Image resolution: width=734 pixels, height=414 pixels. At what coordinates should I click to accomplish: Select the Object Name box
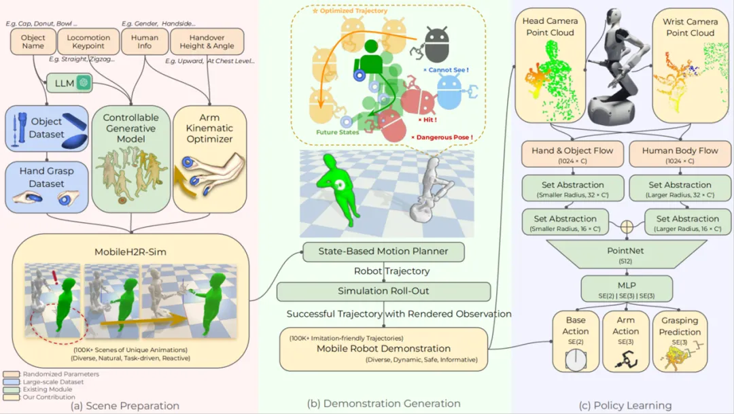click(x=33, y=42)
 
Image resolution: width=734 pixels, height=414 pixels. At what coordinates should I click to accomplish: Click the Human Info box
click(x=144, y=42)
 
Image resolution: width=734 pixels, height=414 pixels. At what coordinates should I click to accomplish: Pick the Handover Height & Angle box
click(x=207, y=42)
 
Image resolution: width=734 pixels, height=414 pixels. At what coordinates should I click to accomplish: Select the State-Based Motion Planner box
click(x=383, y=252)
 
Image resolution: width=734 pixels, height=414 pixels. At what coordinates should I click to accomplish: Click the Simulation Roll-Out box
click(x=383, y=292)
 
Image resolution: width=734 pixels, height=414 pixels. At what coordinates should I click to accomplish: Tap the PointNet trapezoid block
click(x=625, y=255)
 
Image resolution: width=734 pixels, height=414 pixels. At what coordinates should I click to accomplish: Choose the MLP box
click(x=625, y=288)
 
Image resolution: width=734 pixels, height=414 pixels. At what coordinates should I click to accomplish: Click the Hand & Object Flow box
click(x=573, y=154)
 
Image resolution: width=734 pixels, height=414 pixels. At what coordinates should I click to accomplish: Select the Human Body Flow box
click(x=680, y=154)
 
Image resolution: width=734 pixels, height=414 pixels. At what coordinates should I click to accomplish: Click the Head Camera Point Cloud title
click(x=548, y=27)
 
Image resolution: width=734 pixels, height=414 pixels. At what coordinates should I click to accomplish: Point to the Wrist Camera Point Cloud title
click(x=691, y=27)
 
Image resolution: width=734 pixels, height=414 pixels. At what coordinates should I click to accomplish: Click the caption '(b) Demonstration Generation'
click(x=384, y=404)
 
